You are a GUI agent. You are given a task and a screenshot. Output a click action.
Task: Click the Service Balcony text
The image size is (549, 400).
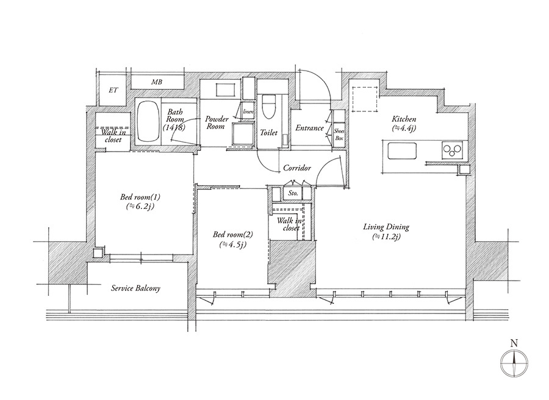[x=135, y=288]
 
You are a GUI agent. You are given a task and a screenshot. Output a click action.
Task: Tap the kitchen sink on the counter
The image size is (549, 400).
[x=403, y=150]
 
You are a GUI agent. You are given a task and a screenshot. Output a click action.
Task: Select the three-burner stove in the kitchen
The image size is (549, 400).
[x=453, y=150]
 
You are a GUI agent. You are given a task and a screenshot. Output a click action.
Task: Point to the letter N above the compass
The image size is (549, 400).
[x=514, y=343]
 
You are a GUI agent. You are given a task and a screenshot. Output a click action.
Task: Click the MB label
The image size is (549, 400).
[x=157, y=82]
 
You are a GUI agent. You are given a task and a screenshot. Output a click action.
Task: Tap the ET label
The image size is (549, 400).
[x=113, y=90]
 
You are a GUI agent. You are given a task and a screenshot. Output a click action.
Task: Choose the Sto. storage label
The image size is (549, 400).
[x=293, y=193]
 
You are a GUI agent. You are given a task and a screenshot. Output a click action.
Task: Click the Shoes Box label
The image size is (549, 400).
[x=339, y=134]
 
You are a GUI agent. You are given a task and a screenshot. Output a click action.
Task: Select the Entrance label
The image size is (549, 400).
[x=309, y=128]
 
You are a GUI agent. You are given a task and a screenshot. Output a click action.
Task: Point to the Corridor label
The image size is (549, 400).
[x=297, y=168]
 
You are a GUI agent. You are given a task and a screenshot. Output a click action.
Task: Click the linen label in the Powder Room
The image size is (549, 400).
[x=249, y=112]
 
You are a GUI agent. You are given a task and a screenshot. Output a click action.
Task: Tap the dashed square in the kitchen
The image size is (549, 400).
[x=365, y=99]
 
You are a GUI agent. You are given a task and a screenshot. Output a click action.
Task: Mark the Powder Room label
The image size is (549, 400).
[x=217, y=122]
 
